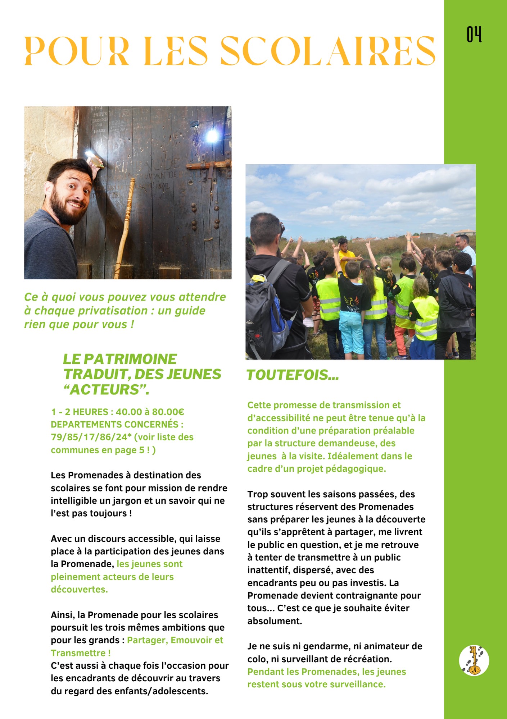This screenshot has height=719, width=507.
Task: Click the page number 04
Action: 474,35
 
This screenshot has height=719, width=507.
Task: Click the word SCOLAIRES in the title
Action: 327,51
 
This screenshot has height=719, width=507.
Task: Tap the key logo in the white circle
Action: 474,660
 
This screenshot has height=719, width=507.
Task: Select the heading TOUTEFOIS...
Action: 292,375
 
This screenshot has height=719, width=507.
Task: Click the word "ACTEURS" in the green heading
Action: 106,390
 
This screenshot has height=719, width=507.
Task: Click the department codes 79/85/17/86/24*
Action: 91,437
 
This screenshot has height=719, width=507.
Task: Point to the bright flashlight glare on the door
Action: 212,136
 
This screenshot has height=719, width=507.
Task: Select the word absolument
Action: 275,621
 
